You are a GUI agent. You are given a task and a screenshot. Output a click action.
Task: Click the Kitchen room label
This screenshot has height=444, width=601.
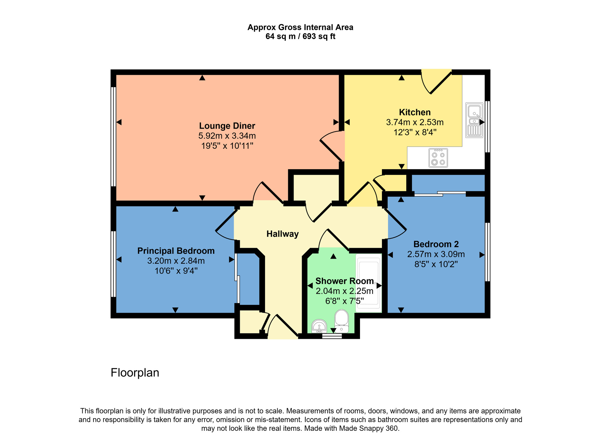coord(415,112)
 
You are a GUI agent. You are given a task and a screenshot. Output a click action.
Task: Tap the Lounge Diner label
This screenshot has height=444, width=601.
coord(227,126)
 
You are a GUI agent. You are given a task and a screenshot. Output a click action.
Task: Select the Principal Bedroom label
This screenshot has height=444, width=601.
coord(176,251)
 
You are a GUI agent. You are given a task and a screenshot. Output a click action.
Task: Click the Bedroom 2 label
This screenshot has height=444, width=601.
coord(436,244)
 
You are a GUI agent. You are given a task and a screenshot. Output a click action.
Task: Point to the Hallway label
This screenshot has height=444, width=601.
coord(282,234)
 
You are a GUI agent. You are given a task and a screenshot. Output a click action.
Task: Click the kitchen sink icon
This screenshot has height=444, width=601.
coord(474,120)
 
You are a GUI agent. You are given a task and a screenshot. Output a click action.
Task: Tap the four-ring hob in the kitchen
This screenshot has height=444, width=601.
coord(438,158)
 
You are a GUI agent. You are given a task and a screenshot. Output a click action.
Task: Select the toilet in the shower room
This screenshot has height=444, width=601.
coord(342,321)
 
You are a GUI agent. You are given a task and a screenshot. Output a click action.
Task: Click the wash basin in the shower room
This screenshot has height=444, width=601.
coord(319,326)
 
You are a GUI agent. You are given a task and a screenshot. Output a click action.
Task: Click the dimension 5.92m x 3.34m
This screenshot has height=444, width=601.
coord(227,136)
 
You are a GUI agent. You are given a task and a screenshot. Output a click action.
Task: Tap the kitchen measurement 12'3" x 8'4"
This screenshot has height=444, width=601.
coord(415,132)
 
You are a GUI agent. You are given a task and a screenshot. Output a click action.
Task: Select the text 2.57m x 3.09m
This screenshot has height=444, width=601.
coord(436,254)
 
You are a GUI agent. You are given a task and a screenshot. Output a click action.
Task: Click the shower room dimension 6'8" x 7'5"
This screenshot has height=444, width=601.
coord(344,301)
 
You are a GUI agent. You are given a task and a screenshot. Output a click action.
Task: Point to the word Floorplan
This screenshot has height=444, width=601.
coord(135,373)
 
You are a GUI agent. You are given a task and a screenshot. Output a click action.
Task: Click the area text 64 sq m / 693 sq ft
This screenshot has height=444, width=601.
coord(300,37)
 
